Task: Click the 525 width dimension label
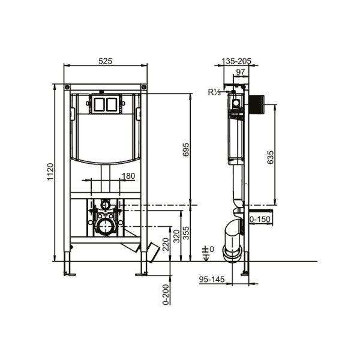(x=106, y=61)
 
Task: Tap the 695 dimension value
(x=186, y=149)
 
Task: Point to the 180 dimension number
(x=128, y=176)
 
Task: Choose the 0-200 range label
(x=166, y=295)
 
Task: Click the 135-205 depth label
(x=236, y=61)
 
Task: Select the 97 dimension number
(x=239, y=73)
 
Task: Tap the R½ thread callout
(x=214, y=92)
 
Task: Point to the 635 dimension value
(x=271, y=157)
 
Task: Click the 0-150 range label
(x=260, y=220)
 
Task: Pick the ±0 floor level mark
(x=208, y=249)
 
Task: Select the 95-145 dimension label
(x=211, y=279)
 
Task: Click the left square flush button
(x=99, y=105)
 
